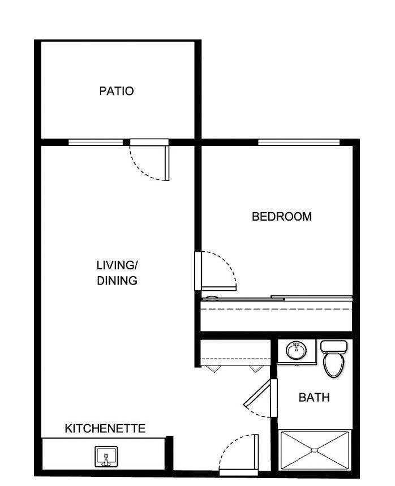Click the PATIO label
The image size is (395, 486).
pyautogui.click(x=117, y=91)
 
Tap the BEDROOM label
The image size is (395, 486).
pyautogui.click(x=282, y=217)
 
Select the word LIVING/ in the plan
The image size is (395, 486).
pyautogui.click(x=117, y=265)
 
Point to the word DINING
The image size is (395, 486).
pyautogui.click(x=117, y=280)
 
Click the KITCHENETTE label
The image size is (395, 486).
pyautogui.click(x=105, y=428)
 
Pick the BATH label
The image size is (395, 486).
pyautogui.click(x=314, y=398)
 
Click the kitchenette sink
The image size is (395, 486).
pyautogui.click(x=106, y=455)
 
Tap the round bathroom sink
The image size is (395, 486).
pyautogui.click(x=295, y=351)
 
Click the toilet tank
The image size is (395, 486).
pyautogui.click(x=333, y=346)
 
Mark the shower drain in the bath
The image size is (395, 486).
pyautogui.click(x=314, y=450)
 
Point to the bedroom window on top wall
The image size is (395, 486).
pyautogui.click(x=299, y=142)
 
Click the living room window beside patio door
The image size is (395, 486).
pyautogui.click(x=95, y=142)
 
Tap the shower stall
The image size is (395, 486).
pyautogui.click(x=315, y=450)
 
